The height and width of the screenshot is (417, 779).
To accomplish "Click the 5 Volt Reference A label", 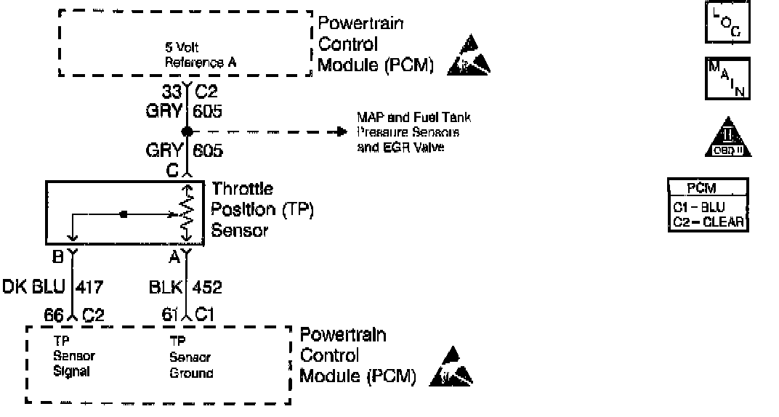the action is click(x=201, y=57).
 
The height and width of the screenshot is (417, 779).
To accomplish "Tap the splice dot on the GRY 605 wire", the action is click(x=187, y=131).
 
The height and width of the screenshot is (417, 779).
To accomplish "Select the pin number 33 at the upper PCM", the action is click(x=171, y=92).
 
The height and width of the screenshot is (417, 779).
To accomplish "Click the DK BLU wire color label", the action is click(x=33, y=288).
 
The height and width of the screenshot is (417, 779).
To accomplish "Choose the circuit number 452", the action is click(x=207, y=288).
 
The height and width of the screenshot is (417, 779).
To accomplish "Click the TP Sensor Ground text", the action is click(x=190, y=357).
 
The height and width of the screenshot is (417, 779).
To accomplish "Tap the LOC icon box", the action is click(x=724, y=23).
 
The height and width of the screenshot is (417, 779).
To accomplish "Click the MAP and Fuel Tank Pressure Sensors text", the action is click(x=413, y=125).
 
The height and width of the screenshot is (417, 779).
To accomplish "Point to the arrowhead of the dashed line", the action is click(x=340, y=131).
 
